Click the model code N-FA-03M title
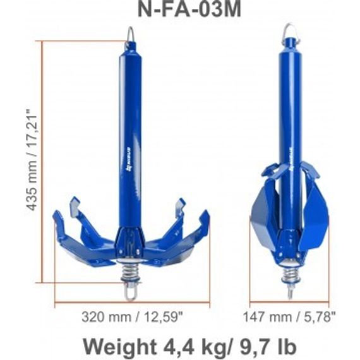point(180,11)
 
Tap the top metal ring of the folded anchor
point(291,30)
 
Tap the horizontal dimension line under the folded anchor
point(290,303)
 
